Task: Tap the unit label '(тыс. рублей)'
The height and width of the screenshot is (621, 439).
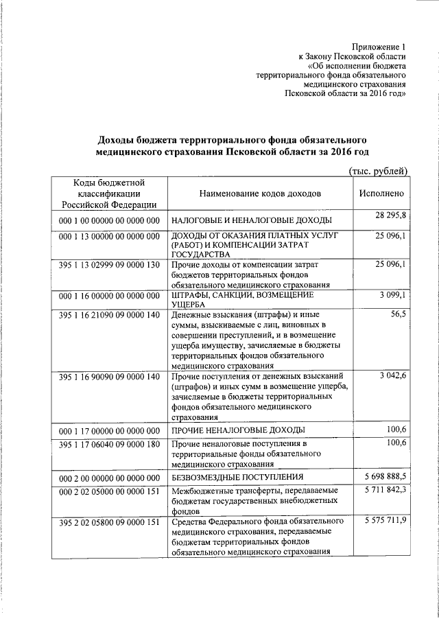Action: coord(379,170)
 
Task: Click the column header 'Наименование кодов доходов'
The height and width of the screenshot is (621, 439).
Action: coord(259,194)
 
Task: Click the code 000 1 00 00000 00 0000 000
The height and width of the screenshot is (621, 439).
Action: coord(109,220)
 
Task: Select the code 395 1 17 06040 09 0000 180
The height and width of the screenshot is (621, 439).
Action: coord(109,445)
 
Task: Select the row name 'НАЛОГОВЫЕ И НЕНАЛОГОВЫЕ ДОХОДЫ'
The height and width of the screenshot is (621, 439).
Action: coord(252,220)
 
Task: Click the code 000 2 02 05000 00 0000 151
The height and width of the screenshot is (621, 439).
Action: coord(109,492)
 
